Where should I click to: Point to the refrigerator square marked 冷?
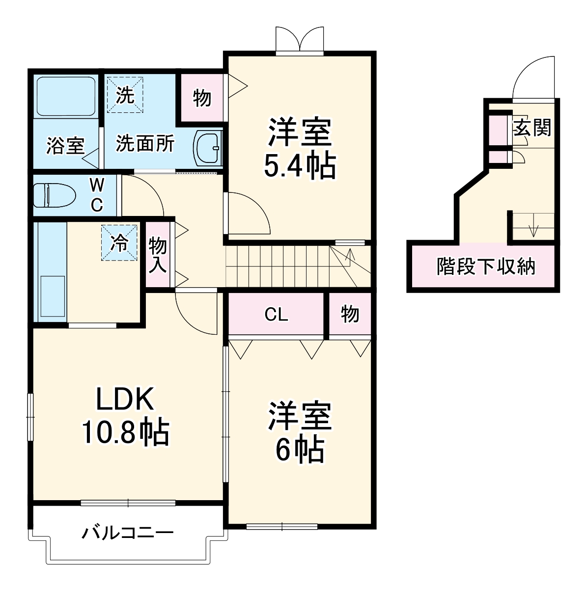pos(119,242)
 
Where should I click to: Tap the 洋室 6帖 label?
pos(300,432)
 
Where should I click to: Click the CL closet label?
pos(276,315)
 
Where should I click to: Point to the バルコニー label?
pos(127,533)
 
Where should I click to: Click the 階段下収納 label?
pos(486,267)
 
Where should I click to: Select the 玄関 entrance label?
pos(532,128)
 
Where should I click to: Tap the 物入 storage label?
pos(158,254)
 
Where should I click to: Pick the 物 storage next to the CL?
pos(350,315)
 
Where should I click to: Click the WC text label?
pos(97,195)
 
